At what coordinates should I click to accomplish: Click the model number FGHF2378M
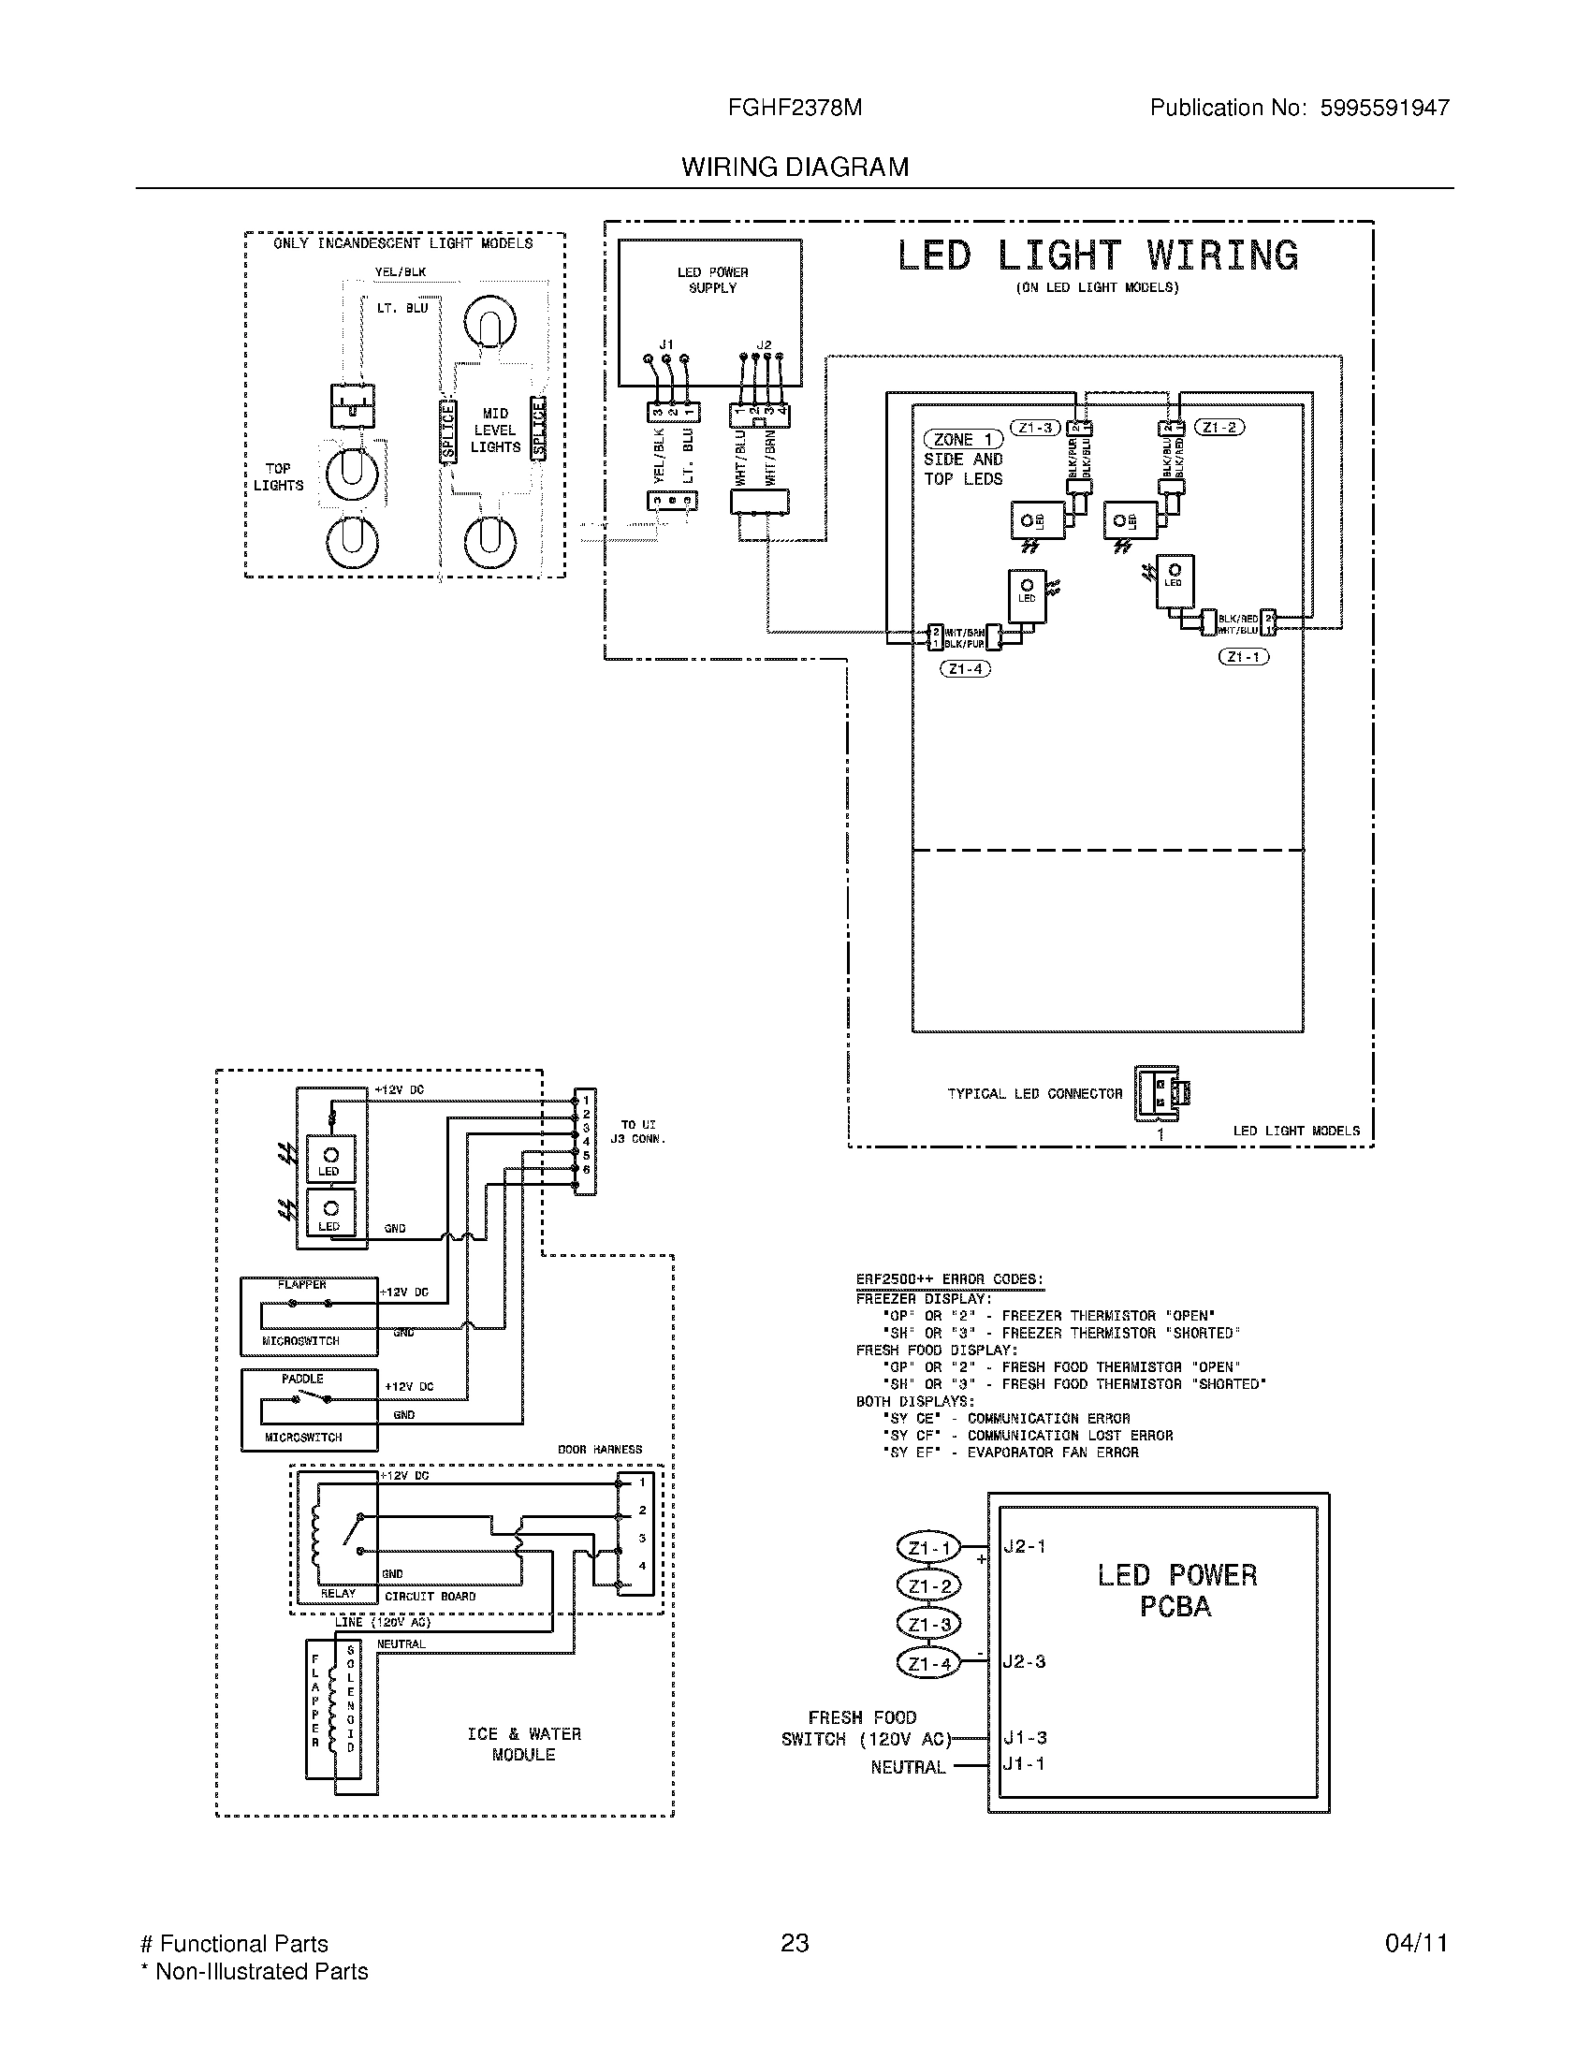794,108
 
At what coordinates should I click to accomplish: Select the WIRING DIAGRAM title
795,167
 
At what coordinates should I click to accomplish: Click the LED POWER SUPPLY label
711,280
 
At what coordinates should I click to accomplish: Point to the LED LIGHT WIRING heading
1097,256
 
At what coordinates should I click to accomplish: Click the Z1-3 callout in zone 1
1035,427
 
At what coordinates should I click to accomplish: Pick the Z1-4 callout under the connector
965,668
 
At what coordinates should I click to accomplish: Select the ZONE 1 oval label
962,439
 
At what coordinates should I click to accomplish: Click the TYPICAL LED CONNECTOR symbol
1160,1092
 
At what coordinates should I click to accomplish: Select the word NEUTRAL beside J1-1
908,1768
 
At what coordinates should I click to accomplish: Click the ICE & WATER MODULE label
524,1745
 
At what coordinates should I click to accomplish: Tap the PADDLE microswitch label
302,1379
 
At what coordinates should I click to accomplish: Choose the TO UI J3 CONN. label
637,1132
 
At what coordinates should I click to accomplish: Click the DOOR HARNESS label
600,1449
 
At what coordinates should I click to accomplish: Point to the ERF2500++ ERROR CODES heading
949,1279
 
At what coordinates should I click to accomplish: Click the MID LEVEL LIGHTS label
495,430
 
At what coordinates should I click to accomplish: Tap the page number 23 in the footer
795,1943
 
